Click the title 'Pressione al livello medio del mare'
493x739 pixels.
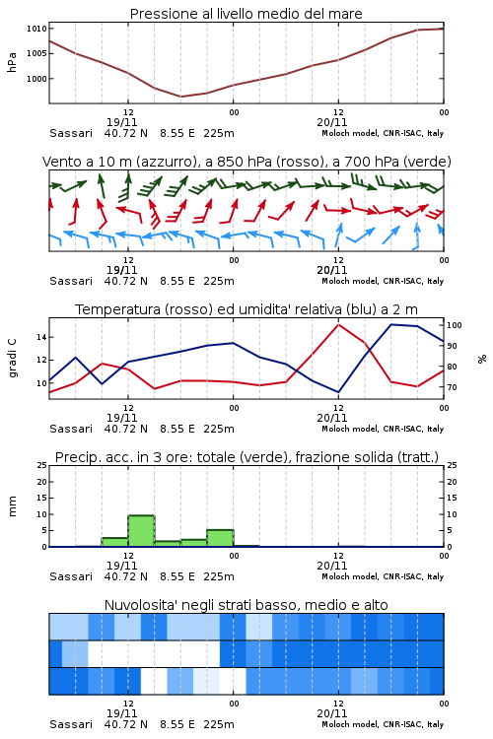[246, 14]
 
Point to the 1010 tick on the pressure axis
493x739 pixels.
[36, 29]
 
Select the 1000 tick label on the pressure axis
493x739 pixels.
[36, 79]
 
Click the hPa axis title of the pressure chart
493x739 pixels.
[12, 62]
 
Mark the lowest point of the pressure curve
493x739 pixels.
[180, 97]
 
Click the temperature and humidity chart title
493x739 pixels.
[246, 309]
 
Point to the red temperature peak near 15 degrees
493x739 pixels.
[338, 325]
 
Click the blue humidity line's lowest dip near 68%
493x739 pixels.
[338, 391]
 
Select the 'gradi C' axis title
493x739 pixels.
[12, 358]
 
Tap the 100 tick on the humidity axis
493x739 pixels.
[454, 325]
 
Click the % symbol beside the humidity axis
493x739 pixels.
[482, 359]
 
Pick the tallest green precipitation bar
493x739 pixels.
[142, 531]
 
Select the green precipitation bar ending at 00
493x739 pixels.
[220, 538]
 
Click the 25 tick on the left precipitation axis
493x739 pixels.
[42, 465]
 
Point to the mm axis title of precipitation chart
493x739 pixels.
[12, 505]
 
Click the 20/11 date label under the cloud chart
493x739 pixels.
[332, 713]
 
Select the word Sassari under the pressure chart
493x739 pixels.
[71, 133]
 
